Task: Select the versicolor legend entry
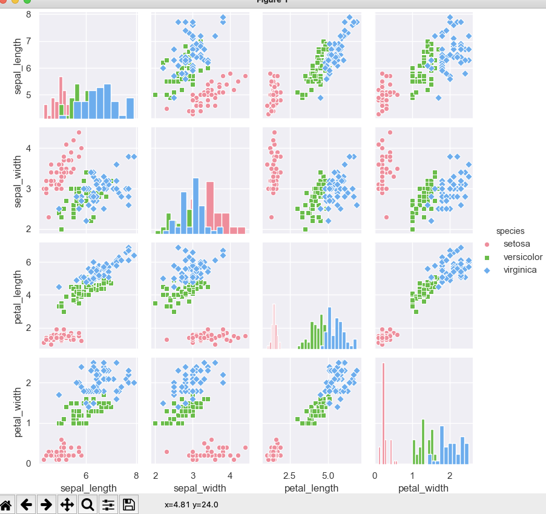click(522, 257)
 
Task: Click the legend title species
click(510, 231)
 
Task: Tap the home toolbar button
click(7, 504)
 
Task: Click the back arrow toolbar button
click(26, 504)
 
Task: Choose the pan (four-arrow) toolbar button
click(67, 504)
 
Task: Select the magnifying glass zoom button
click(87, 504)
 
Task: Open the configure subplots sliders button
click(108, 504)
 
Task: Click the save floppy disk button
click(128, 504)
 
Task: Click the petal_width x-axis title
click(423, 488)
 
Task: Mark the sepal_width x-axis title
click(200, 488)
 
